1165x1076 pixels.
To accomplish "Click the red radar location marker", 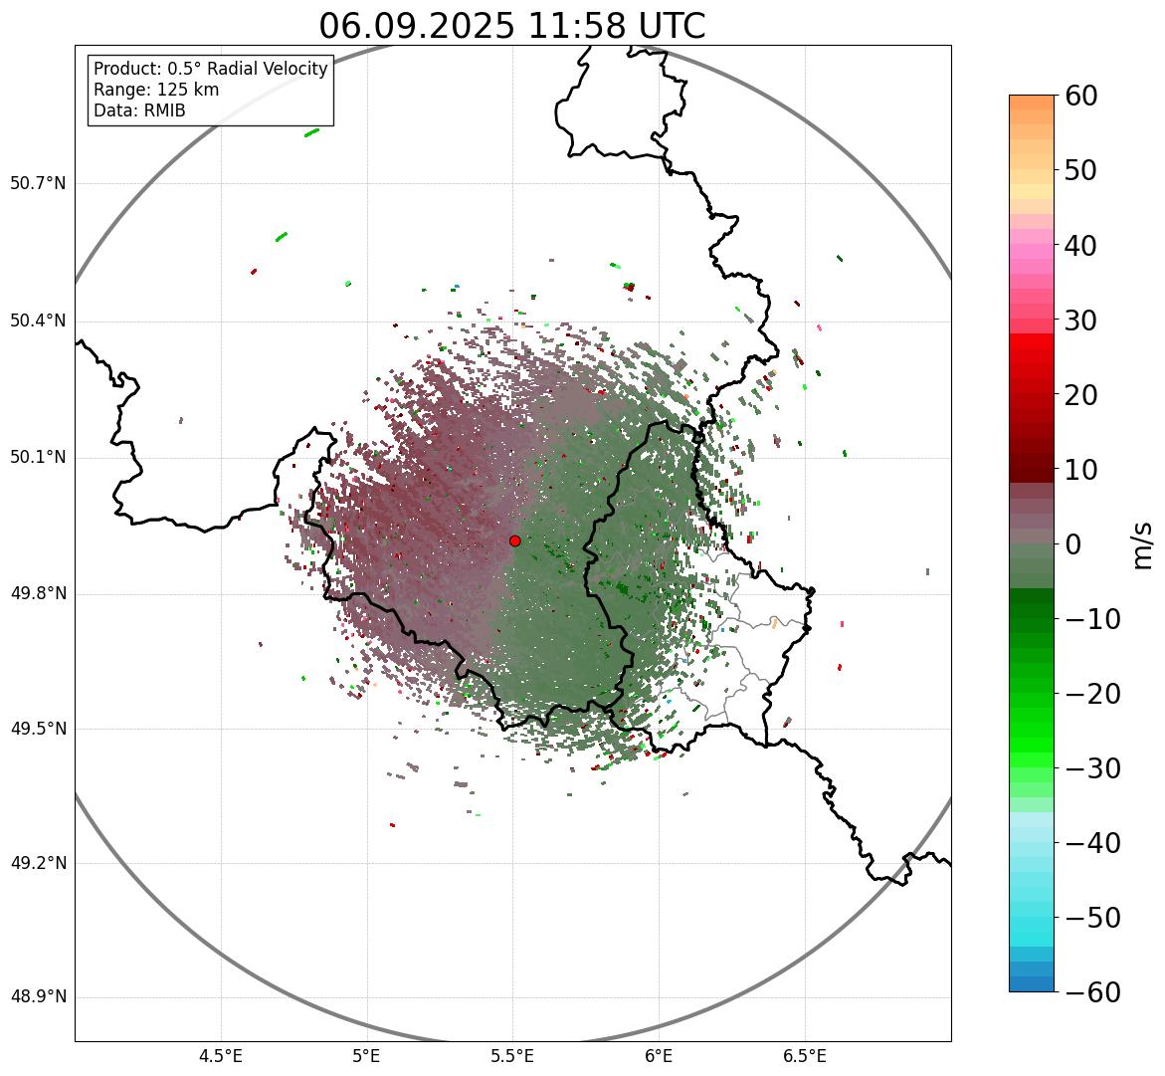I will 514,540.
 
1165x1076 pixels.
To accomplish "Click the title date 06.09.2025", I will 417,27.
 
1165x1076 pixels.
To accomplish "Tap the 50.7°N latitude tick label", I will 38,184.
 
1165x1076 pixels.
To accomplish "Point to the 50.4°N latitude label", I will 38,321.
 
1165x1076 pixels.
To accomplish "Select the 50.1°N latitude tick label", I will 38,458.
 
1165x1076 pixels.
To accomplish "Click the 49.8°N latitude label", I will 38,594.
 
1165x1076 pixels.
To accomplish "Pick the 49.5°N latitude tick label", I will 38,729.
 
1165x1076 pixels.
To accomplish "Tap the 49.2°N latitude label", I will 38,863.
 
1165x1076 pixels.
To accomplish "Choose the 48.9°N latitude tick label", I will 38,997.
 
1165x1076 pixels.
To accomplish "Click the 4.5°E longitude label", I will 221,1056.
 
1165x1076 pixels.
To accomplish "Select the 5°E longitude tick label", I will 367,1056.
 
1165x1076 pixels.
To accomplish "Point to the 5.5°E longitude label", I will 512,1056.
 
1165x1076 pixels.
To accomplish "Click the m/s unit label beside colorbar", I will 1143,543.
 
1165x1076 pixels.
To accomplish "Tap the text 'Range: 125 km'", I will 156,90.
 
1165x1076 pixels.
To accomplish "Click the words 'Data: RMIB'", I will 139,110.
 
